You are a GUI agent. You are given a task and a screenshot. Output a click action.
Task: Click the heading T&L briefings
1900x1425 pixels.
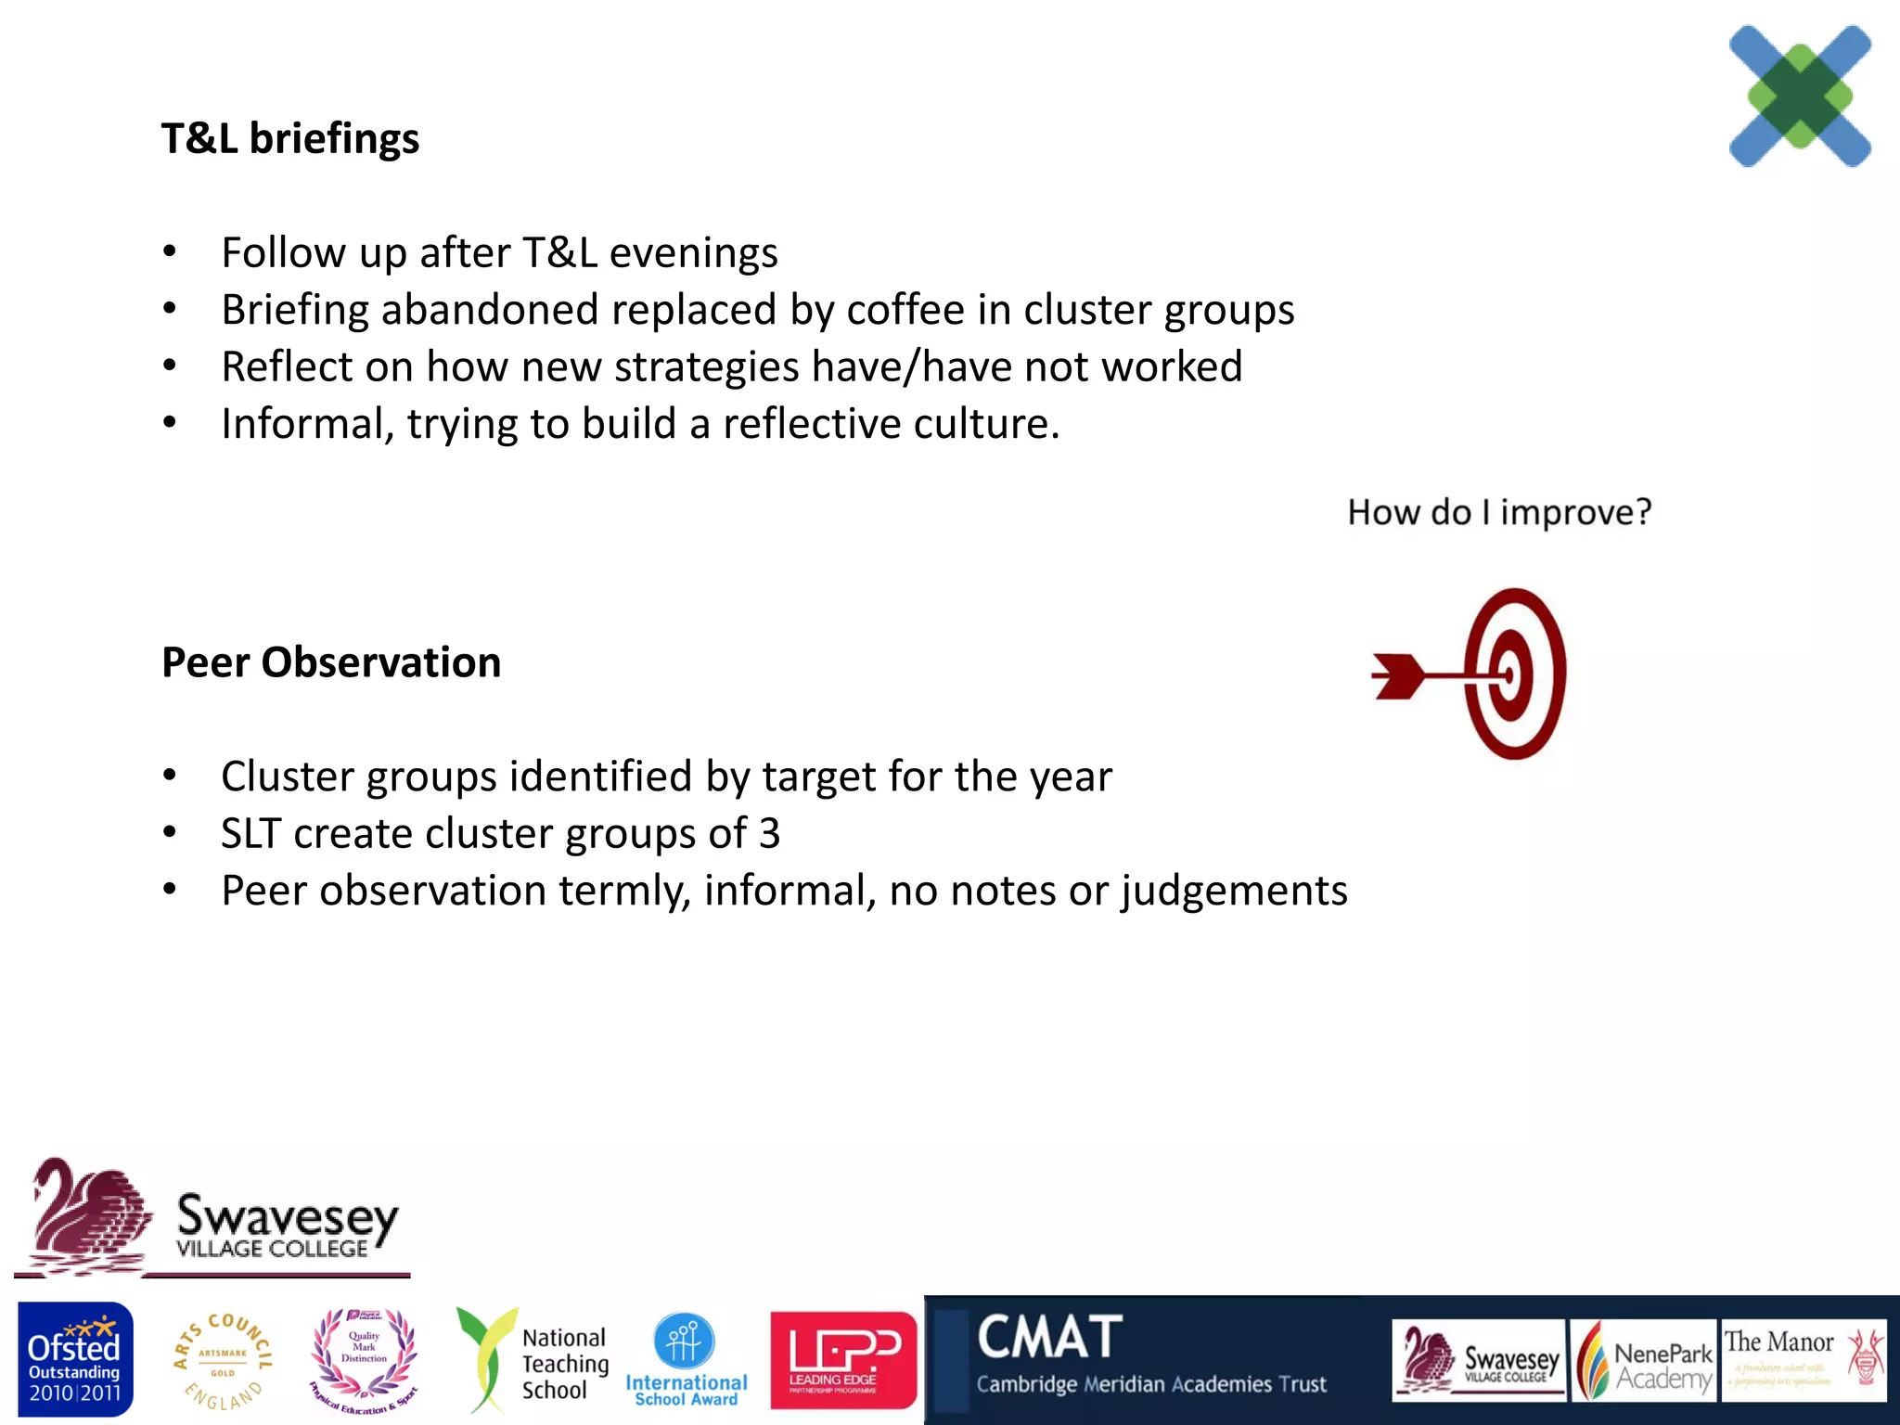click(x=289, y=139)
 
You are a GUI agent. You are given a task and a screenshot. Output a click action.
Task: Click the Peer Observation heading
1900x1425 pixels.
click(x=331, y=663)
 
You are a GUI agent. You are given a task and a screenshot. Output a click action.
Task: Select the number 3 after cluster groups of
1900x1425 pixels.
click(x=769, y=833)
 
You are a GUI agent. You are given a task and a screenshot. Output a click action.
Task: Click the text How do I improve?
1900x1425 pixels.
click(x=1499, y=512)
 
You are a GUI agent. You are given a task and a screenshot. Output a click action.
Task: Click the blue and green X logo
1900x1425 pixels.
click(x=1800, y=96)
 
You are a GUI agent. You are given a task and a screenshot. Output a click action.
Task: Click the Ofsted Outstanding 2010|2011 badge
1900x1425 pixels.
click(x=74, y=1360)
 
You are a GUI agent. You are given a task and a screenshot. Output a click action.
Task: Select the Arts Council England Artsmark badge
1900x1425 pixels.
click(x=223, y=1360)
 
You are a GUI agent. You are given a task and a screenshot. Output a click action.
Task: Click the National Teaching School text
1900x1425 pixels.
click(x=564, y=1364)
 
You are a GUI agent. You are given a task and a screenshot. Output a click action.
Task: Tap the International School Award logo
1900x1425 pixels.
click(x=686, y=1360)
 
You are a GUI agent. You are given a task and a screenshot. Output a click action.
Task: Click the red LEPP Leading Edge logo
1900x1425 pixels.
click(x=842, y=1360)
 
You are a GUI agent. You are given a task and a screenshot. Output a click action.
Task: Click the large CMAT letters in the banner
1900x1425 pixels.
click(x=1050, y=1338)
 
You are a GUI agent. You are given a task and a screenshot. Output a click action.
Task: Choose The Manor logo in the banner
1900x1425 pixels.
click(x=1804, y=1360)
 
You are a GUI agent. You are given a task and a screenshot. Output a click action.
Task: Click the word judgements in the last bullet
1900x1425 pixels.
click(x=1234, y=892)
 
